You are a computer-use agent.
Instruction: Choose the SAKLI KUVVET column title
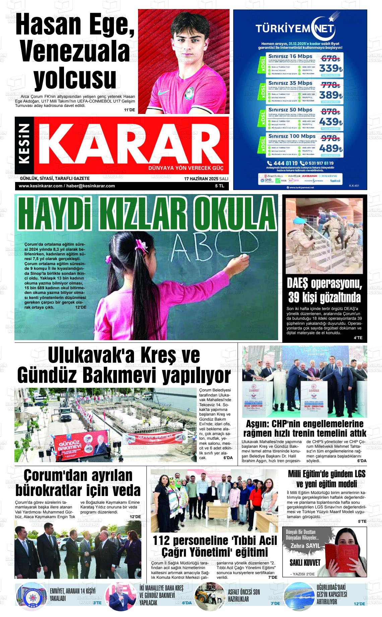tap(305, 562)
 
